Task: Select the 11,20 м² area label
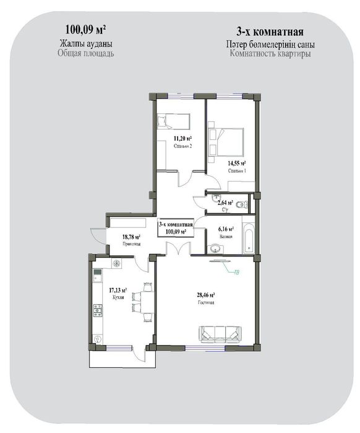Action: [x=181, y=139]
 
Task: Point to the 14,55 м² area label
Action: [x=238, y=163]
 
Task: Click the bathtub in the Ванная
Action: [x=248, y=237]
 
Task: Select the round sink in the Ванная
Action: [x=215, y=249]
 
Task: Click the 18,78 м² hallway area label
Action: [x=131, y=237]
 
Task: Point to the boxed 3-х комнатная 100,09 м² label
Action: [x=176, y=227]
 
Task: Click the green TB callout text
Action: [x=236, y=271]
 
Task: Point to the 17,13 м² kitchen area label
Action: [x=118, y=290]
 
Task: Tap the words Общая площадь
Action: [x=85, y=54]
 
